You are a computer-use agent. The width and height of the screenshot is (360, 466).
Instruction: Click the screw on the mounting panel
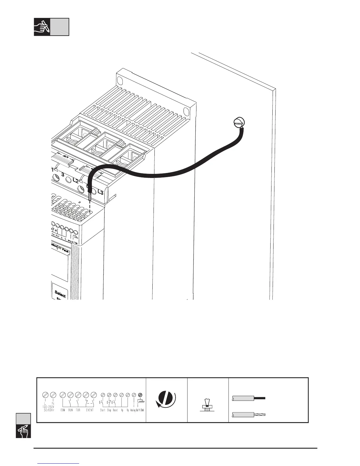coord(239,122)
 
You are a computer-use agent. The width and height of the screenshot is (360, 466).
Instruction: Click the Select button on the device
coord(60,294)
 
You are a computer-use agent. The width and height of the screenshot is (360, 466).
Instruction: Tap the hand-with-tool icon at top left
coord(42,27)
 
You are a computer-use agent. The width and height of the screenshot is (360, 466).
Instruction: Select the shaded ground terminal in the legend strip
coord(140,395)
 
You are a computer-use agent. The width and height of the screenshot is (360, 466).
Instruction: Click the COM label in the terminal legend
coord(63,410)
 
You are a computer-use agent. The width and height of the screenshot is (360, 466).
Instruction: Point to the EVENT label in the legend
coord(90,410)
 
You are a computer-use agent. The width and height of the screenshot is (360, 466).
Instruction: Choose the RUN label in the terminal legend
coord(71,410)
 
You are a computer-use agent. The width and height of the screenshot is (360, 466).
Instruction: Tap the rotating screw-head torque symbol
coord(166,400)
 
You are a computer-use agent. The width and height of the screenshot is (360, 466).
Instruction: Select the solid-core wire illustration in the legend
coord(249,398)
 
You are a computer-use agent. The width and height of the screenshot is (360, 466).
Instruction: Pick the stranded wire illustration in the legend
coord(249,415)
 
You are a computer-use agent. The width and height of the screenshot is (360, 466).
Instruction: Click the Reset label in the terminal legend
coord(115,410)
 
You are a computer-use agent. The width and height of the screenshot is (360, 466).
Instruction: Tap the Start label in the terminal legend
coord(103,410)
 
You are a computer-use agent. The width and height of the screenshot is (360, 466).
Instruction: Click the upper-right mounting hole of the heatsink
coord(186,111)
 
